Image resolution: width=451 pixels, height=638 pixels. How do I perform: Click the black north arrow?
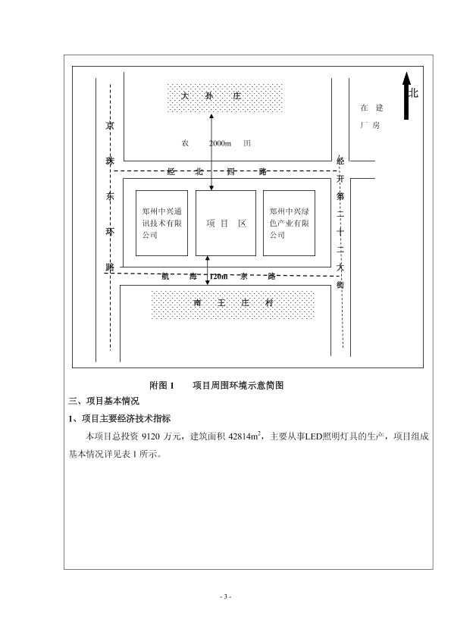click(406, 96)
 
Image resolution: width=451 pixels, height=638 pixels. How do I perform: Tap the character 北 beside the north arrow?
click(414, 92)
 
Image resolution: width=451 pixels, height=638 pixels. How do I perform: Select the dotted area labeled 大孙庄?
click(224, 98)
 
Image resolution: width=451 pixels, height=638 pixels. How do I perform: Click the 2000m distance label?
click(221, 143)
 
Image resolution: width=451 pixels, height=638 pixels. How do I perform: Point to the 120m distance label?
click(219, 277)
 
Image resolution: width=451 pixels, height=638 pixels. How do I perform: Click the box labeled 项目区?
click(226, 223)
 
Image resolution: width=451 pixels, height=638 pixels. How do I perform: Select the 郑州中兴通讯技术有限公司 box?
click(161, 223)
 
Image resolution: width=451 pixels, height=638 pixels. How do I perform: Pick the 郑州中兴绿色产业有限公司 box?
click(289, 223)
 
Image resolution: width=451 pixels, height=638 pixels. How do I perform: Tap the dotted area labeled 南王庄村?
click(233, 305)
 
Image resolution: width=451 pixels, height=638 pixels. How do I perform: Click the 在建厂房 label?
click(371, 117)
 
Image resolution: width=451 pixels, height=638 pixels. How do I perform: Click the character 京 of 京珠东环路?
click(110, 125)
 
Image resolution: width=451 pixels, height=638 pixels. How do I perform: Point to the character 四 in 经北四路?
click(230, 172)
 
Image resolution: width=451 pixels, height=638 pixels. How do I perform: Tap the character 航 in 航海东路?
click(165, 277)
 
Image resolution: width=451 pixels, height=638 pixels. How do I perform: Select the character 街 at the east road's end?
click(340, 284)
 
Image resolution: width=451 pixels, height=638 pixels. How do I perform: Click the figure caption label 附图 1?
click(161, 386)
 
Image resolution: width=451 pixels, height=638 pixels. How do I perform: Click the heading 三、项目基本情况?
click(104, 401)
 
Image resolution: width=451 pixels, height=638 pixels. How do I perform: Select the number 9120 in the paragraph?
click(151, 436)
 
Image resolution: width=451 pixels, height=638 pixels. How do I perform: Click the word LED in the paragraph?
click(314, 436)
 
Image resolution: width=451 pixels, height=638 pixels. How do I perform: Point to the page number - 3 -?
click(226, 597)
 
